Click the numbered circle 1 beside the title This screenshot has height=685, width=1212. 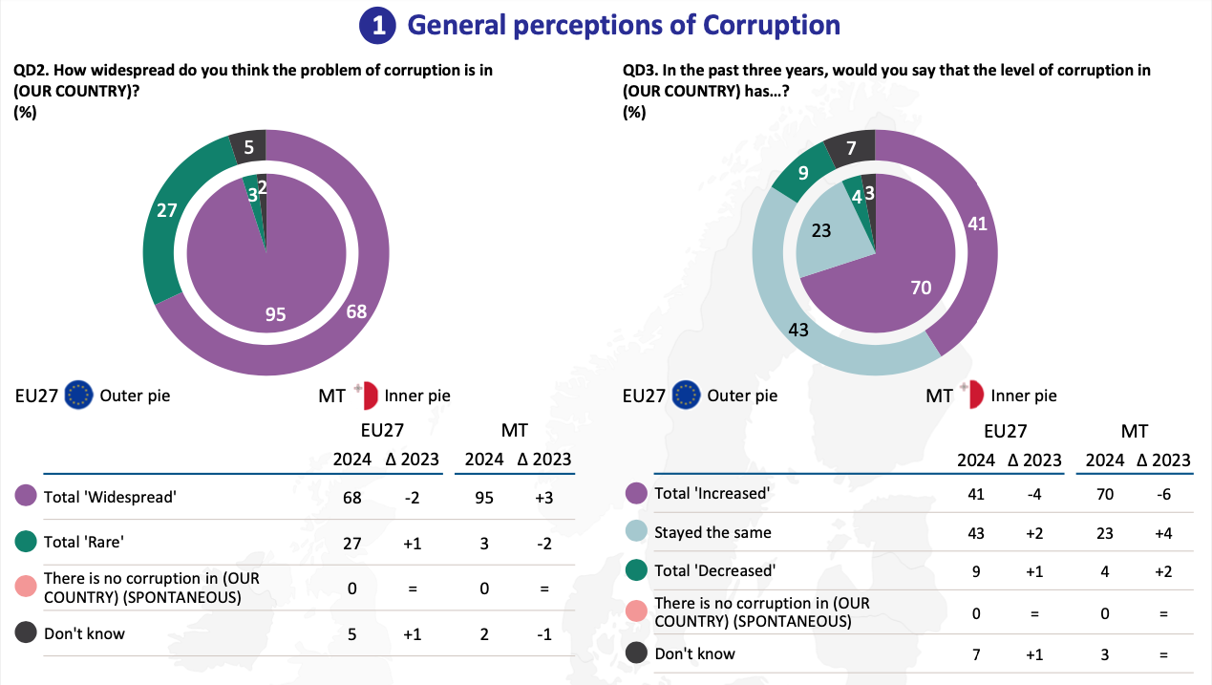pos(377,26)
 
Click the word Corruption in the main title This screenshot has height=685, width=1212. pos(771,26)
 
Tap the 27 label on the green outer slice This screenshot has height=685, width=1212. pos(166,210)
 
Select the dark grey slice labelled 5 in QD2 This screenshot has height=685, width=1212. pos(248,146)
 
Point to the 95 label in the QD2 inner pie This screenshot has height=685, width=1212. pos(275,314)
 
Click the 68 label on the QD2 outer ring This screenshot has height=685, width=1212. pos(356,311)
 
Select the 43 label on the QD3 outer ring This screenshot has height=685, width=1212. pos(798,330)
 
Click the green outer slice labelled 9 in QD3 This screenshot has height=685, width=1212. pos(803,172)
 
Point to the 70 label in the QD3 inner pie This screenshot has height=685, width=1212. pos(921,288)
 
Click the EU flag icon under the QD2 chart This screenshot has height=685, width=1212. pos(78,395)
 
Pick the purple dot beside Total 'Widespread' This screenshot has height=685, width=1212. pos(26,495)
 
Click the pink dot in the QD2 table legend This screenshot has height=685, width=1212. pos(26,586)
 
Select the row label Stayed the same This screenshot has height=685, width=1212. pos(712,532)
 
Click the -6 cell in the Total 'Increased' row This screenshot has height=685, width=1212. pos(1163,495)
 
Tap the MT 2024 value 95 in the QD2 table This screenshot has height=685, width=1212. pos(484,498)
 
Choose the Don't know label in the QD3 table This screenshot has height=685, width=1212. pos(694,653)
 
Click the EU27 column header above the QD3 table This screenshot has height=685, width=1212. pos(1006,431)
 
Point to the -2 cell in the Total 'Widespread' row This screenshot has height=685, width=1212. pos(413,498)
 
